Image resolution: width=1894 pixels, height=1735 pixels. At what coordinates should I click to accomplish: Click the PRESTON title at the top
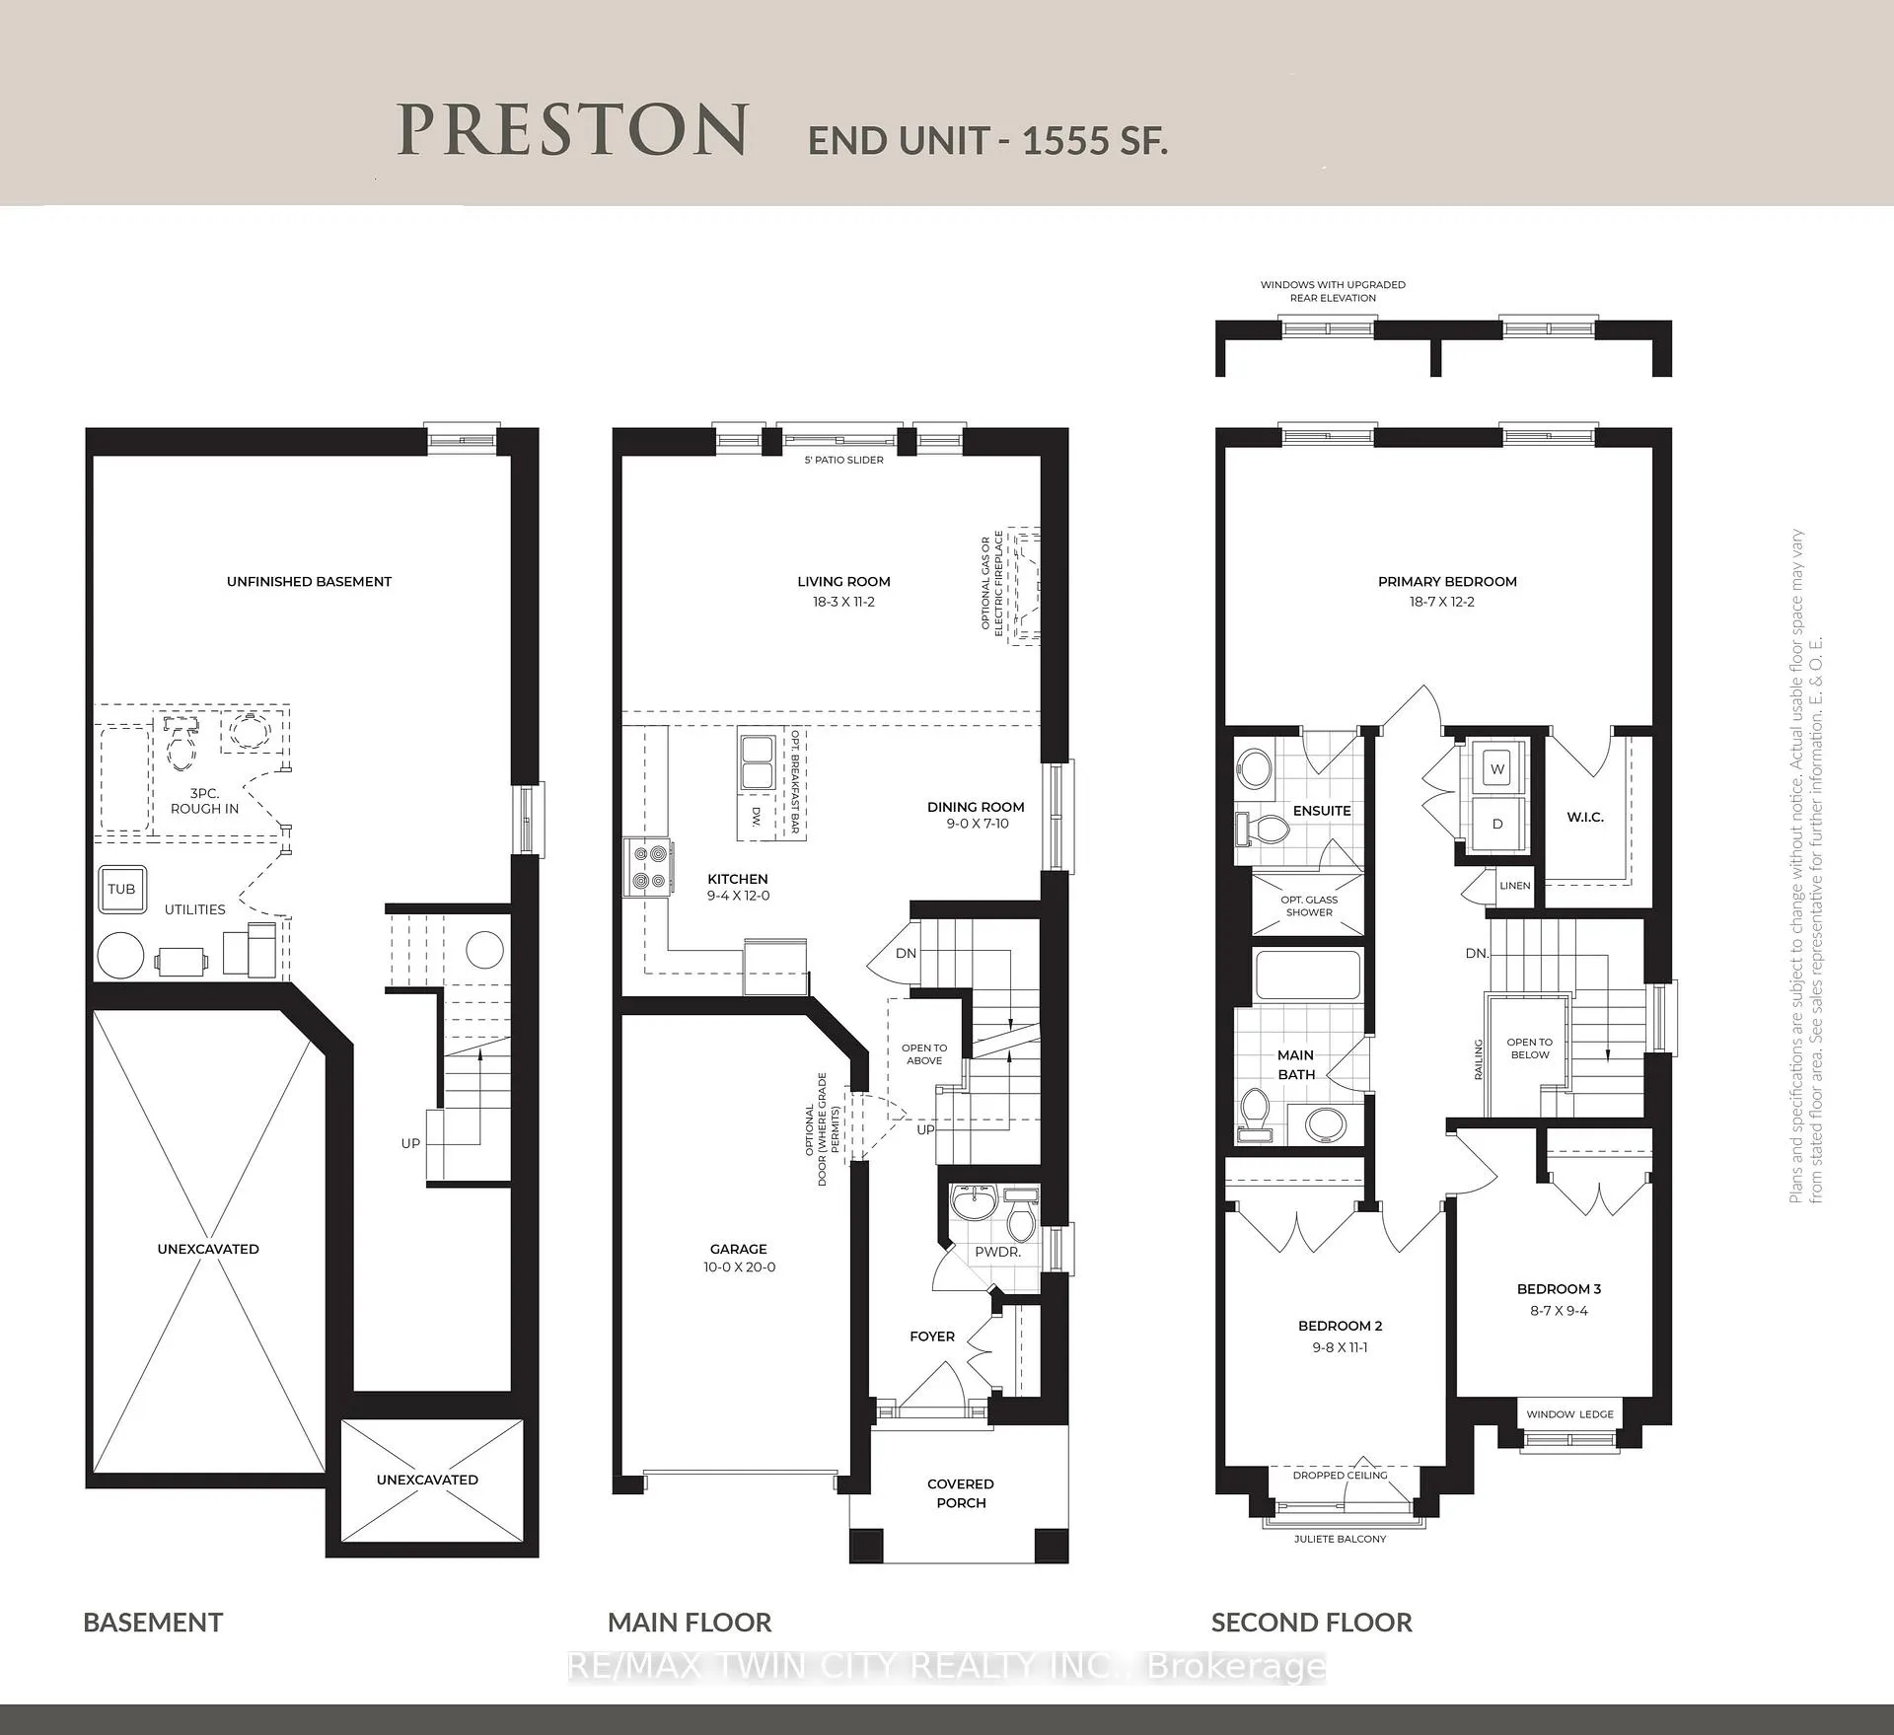(572, 130)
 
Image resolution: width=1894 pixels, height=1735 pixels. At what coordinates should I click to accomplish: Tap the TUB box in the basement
(121, 889)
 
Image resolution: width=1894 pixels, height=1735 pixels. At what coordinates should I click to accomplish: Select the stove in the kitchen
(648, 867)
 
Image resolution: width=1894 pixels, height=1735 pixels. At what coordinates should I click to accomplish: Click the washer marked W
(1497, 769)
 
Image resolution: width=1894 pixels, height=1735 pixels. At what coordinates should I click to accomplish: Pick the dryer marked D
(1497, 823)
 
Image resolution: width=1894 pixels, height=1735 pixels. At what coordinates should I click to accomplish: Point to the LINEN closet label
(1515, 885)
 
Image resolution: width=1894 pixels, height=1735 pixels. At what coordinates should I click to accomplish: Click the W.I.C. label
(1585, 817)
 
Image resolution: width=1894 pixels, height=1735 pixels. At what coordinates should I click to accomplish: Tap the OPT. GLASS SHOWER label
(1309, 905)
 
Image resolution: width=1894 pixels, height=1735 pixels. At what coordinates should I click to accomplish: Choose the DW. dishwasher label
(757, 816)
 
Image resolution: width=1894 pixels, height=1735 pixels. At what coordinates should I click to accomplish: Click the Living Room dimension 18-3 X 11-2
(843, 602)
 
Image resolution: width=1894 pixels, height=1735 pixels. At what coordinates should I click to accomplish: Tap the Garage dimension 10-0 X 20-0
(739, 1266)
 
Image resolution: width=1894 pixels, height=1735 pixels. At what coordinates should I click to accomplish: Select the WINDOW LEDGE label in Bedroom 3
(1569, 1413)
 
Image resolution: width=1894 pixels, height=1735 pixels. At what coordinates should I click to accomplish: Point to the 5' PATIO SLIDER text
(844, 460)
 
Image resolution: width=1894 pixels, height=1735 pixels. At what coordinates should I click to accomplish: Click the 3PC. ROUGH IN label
(204, 801)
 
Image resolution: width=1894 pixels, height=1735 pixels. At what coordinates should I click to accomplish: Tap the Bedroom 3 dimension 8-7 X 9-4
(1559, 1310)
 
